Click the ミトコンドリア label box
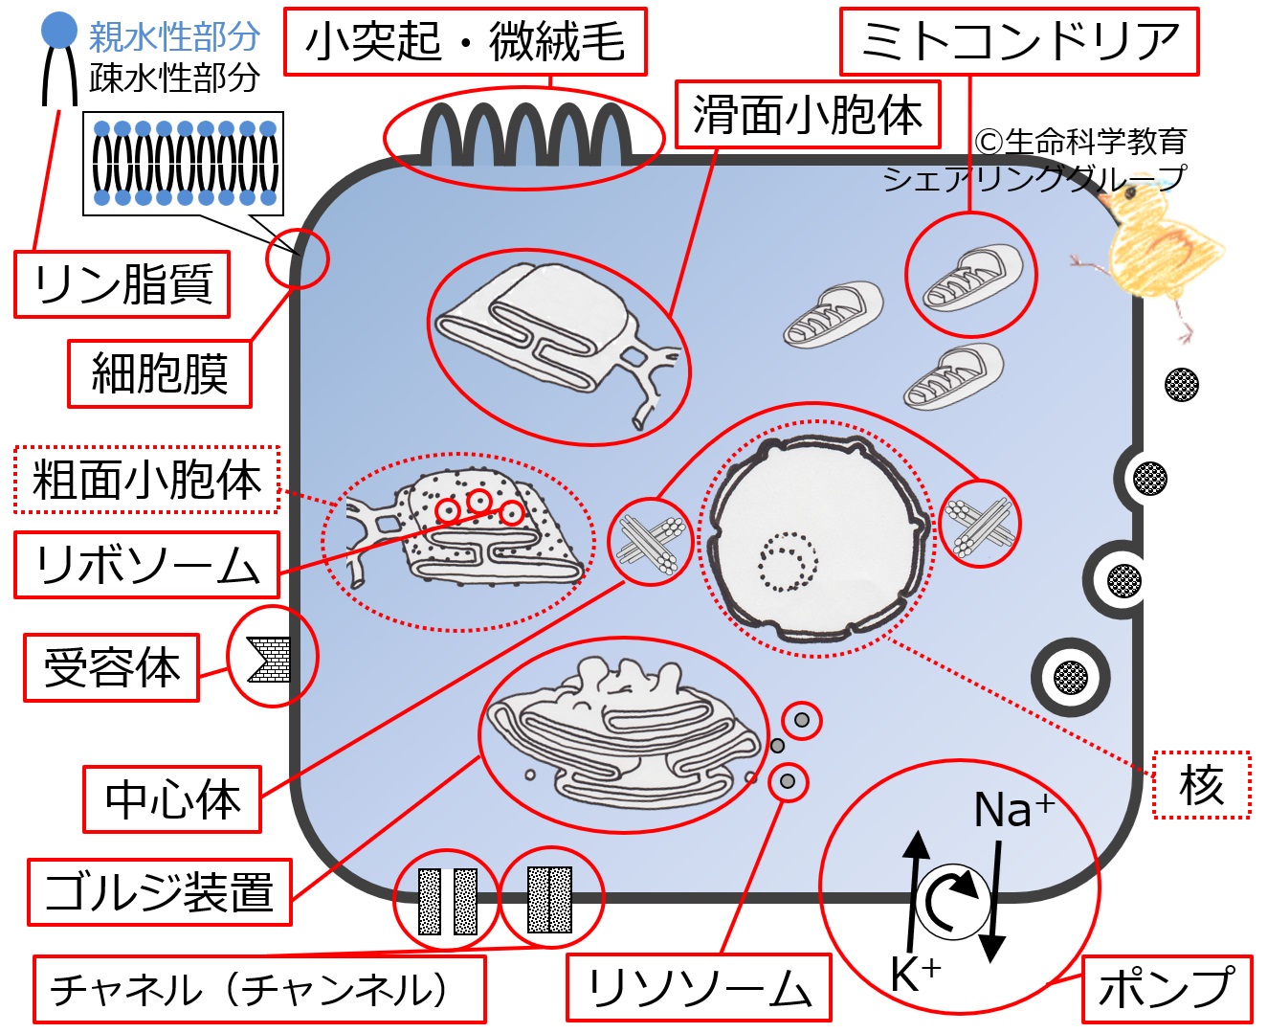click(x=1019, y=42)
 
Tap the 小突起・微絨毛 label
click(x=465, y=42)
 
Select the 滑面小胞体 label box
click(x=808, y=115)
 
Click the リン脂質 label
click(x=122, y=284)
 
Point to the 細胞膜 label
click(x=159, y=373)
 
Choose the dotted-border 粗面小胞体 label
click(x=146, y=480)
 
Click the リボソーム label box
click(x=146, y=565)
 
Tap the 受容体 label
click(x=111, y=667)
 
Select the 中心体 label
click(x=172, y=798)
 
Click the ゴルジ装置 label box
click(x=159, y=891)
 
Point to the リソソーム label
click(x=699, y=988)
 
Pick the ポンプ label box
click(x=1167, y=989)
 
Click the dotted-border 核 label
click(x=1201, y=785)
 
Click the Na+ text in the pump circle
click(x=1013, y=810)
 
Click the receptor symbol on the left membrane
click(x=269, y=659)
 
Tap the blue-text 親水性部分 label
click(x=174, y=36)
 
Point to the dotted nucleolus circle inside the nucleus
click(x=788, y=561)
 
